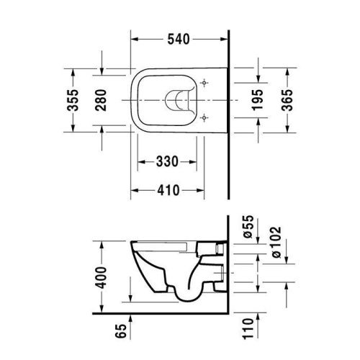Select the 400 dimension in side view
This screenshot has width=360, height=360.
coord(104,274)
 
